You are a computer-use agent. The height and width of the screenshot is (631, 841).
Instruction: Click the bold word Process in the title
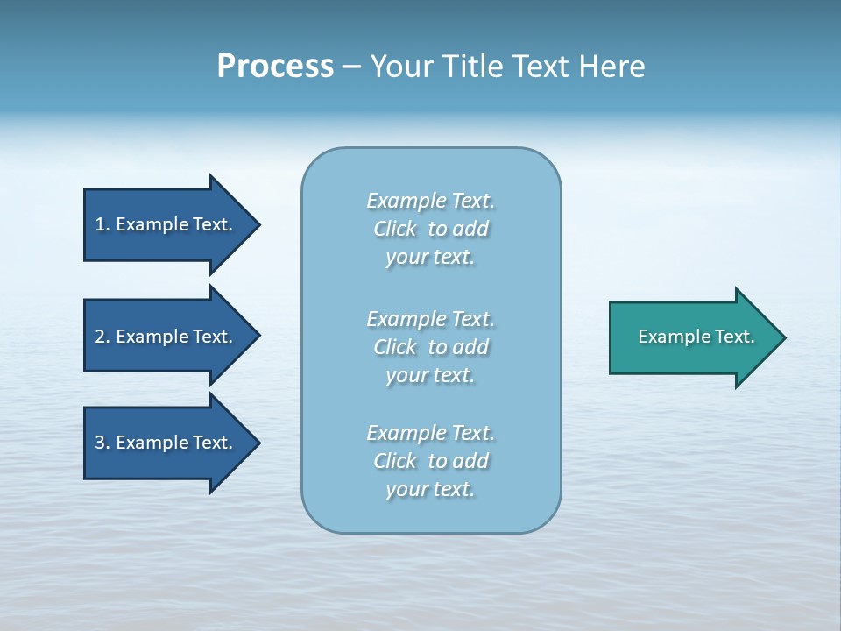[275, 67]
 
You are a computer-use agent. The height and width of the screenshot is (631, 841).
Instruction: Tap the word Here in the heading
[611, 67]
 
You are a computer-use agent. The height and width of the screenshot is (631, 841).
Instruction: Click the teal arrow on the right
[692, 337]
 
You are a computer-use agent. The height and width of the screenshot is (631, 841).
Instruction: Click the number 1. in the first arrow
[102, 225]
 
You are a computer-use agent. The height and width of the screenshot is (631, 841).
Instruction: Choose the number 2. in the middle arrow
[102, 337]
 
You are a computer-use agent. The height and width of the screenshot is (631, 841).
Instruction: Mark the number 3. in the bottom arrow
[102, 443]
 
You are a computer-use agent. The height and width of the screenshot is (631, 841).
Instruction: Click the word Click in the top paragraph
[395, 229]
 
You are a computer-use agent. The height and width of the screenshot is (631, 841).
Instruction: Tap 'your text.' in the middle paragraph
[430, 375]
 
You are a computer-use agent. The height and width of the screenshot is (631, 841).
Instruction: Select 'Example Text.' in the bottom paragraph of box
[430, 433]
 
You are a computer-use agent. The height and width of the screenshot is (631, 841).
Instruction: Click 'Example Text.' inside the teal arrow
[696, 337]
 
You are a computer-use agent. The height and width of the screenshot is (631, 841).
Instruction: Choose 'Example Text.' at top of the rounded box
[430, 201]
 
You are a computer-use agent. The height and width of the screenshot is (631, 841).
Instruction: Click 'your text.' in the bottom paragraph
[430, 489]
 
